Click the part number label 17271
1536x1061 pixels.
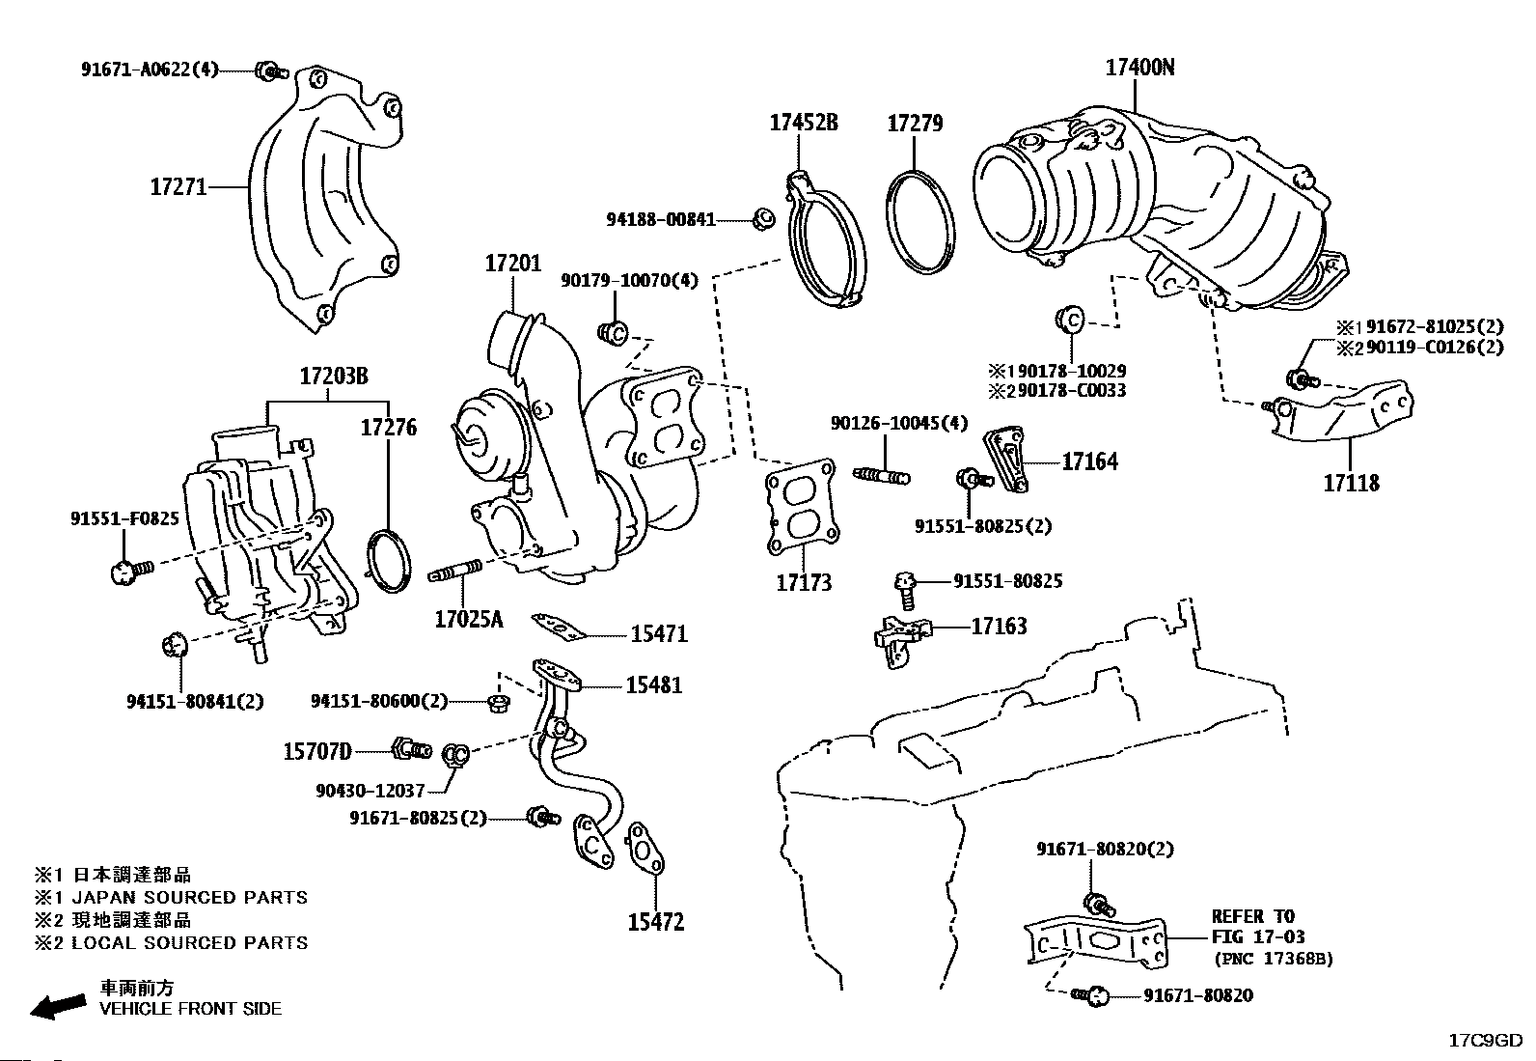pos(178,186)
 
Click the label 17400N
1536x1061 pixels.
pos(1139,68)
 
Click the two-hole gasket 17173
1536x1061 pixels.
pos(800,509)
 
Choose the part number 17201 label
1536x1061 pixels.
pos(512,263)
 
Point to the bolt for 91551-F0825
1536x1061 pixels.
pos(128,572)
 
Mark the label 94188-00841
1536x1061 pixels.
pos(660,220)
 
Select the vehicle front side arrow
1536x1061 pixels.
pos(57,1006)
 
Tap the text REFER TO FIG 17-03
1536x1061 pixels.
pos(1253,927)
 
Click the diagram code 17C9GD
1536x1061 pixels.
pos(1485,1041)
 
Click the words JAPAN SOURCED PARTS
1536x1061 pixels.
pos(190,898)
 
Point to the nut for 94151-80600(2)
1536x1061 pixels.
pos(499,702)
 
